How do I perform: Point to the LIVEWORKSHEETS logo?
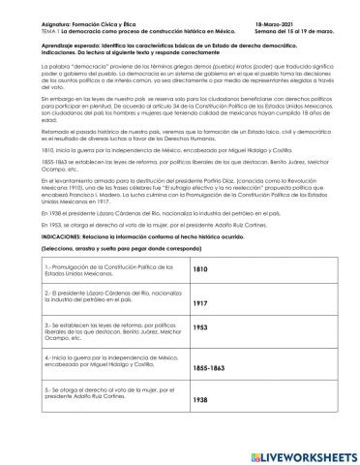click(291, 449)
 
